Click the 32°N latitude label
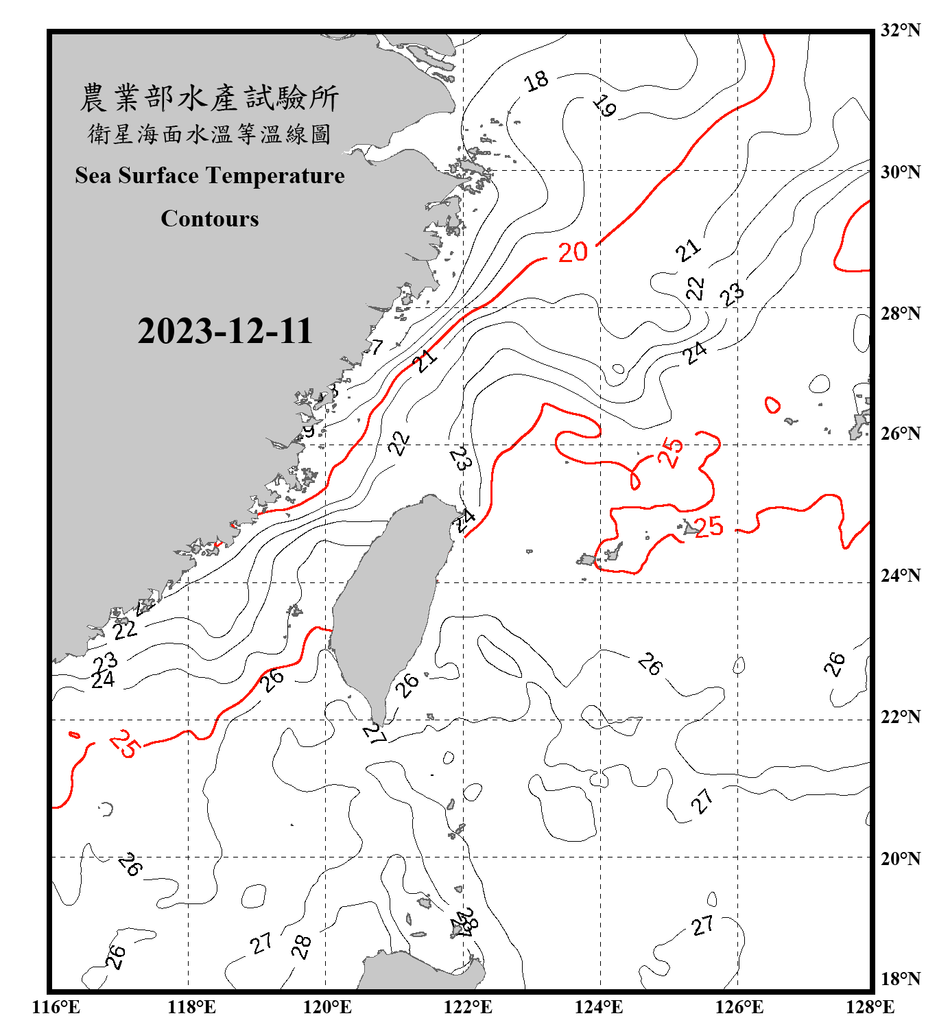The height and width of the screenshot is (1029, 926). (x=900, y=30)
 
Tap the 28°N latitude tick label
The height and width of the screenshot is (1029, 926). (x=900, y=314)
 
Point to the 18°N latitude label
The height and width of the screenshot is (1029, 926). (x=900, y=979)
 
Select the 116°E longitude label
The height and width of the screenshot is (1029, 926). (x=56, y=1007)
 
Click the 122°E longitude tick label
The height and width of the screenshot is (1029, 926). (x=468, y=1007)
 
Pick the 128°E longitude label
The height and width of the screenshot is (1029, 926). (x=870, y=1007)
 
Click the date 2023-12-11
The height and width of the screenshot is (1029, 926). (x=225, y=331)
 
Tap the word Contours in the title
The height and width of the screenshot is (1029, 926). (x=210, y=219)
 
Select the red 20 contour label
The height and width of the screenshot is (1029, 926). (x=573, y=252)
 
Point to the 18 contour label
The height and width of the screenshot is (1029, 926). (x=536, y=81)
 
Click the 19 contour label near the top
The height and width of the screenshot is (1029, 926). (x=604, y=106)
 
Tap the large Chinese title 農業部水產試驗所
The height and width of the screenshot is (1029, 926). (x=209, y=98)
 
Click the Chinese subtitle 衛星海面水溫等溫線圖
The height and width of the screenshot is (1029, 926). (x=209, y=134)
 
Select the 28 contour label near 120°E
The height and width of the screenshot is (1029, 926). (x=301, y=947)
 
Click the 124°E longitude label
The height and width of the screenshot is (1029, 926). (x=599, y=1007)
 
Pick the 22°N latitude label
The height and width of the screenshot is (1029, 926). (x=900, y=717)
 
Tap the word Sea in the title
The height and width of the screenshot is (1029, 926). (x=93, y=176)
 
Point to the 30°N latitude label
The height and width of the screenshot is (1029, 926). (x=900, y=172)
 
